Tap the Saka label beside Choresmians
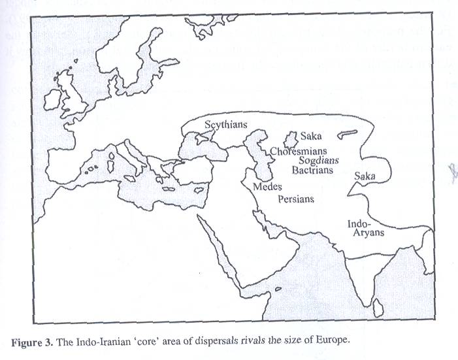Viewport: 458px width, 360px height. point(311,137)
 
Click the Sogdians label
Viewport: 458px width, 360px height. point(321,159)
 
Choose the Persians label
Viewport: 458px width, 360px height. point(296,199)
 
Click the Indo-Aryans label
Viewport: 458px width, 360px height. point(365,228)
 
